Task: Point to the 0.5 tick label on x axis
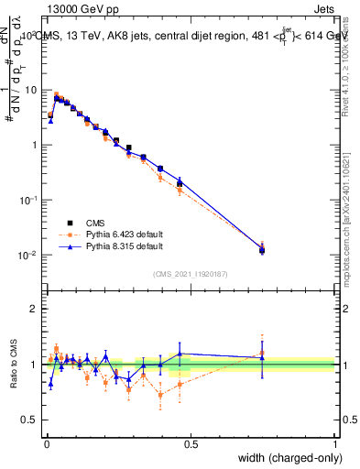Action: point(191,444)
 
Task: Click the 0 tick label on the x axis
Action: point(46,444)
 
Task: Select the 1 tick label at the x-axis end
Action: point(334,444)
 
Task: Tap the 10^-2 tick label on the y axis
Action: point(29,255)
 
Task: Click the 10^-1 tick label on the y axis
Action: point(29,200)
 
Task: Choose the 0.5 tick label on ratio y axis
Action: point(31,420)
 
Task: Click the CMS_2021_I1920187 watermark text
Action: point(190,273)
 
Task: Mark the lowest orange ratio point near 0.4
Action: point(161,395)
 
